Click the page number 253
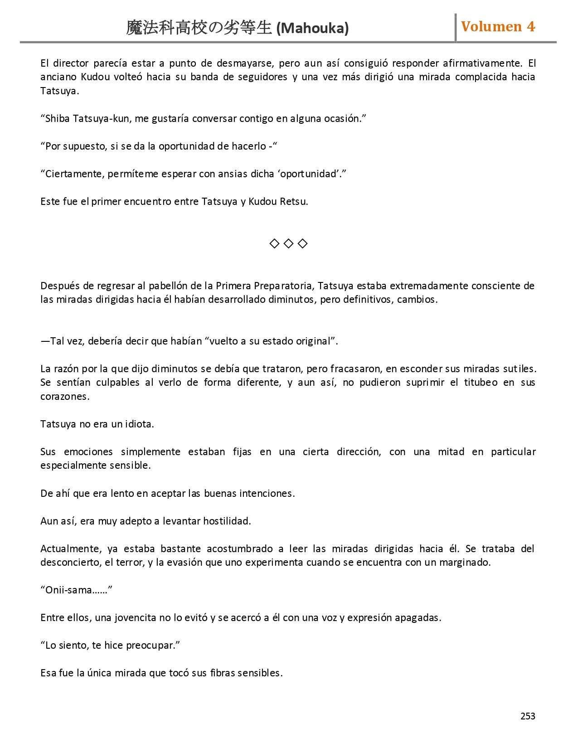tap(528, 716)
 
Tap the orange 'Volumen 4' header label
tap(498, 27)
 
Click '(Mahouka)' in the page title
tap(312, 29)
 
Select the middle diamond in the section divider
tap(288, 244)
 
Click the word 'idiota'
tap(139, 424)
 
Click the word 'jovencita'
tap(136, 618)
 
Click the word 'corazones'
tap(64, 397)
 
